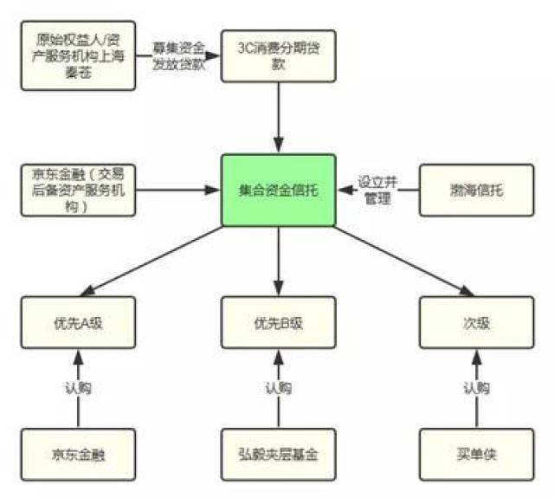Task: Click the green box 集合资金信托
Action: (278, 190)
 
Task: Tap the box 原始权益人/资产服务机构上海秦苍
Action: (79, 56)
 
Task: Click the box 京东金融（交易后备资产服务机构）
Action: (79, 190)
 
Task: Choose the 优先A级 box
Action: (79, 323)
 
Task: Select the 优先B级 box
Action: (278, 323)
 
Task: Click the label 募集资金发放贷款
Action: (179, 55)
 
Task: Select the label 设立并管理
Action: (377, 191)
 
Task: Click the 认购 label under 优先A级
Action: (79, 387)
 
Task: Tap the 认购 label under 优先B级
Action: (278, 387)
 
